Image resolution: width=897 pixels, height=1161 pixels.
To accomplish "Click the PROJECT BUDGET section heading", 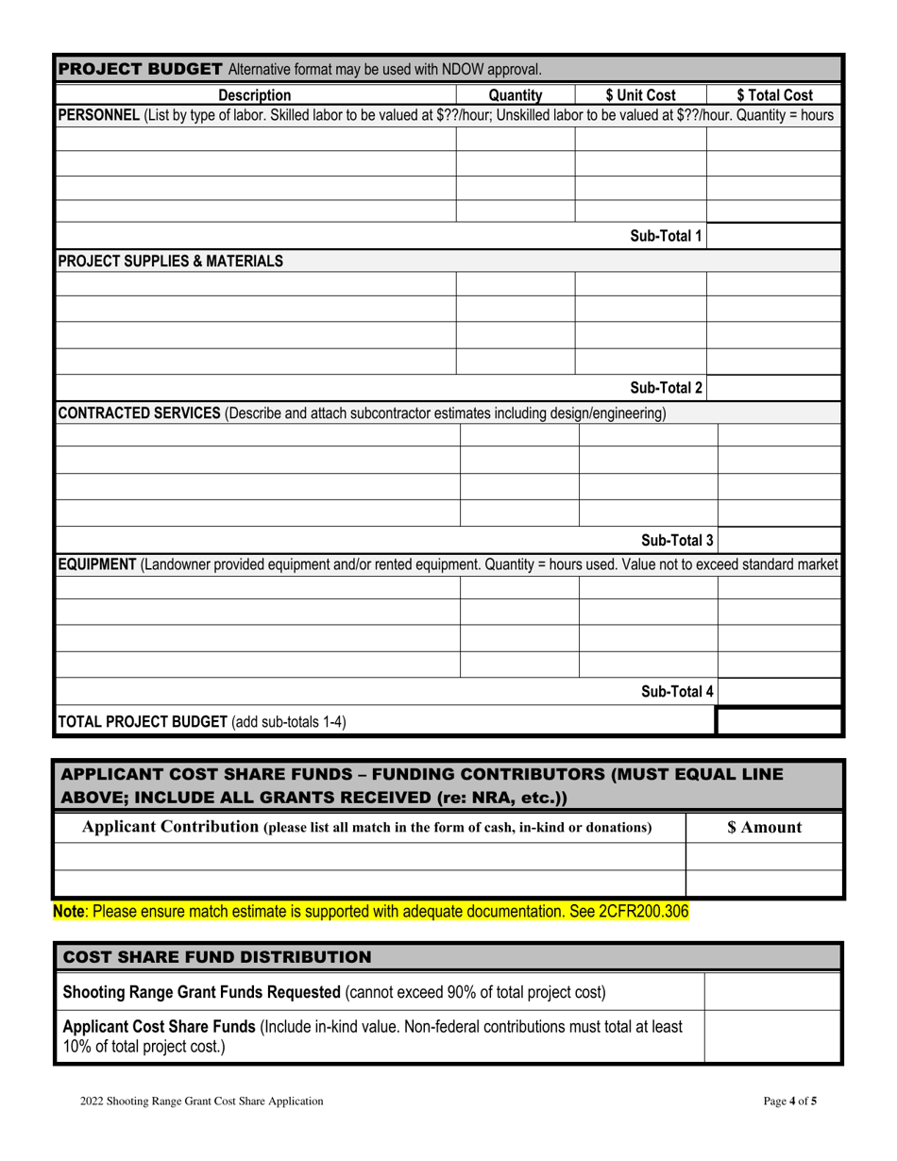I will (x=141, y=69).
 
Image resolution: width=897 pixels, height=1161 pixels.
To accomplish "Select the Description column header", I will (x=255, y=94).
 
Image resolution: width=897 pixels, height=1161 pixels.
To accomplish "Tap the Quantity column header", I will (x=516, y=94).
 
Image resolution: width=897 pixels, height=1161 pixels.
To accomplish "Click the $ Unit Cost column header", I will (x=641, y=94).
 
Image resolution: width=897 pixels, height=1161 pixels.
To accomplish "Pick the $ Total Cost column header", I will (x=774, y=94).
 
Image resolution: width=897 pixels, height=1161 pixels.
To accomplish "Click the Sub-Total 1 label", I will (x=666, y=236).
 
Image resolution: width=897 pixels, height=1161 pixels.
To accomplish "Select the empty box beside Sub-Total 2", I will (x=773, y=388).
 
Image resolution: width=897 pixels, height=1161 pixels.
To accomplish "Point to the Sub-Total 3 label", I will (x=677, y=541).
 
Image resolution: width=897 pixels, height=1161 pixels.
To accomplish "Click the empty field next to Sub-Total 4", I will (x=779, y=693).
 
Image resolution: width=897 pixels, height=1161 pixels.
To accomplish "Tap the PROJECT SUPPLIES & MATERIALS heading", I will (x=171, y=261).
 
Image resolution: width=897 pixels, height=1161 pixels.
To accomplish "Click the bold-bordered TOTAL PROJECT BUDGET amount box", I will (x=779, y=722).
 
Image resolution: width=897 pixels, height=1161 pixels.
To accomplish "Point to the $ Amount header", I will (x=764, y=828).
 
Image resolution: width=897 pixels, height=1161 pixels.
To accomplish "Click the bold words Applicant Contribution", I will (x=170, y=827).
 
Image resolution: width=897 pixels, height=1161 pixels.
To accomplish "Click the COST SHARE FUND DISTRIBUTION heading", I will (x=216, y=957).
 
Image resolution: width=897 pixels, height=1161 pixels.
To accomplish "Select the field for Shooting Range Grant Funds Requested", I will (x=771, y=992).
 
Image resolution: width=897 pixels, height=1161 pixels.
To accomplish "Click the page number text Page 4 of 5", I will (x=789, y=1101).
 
